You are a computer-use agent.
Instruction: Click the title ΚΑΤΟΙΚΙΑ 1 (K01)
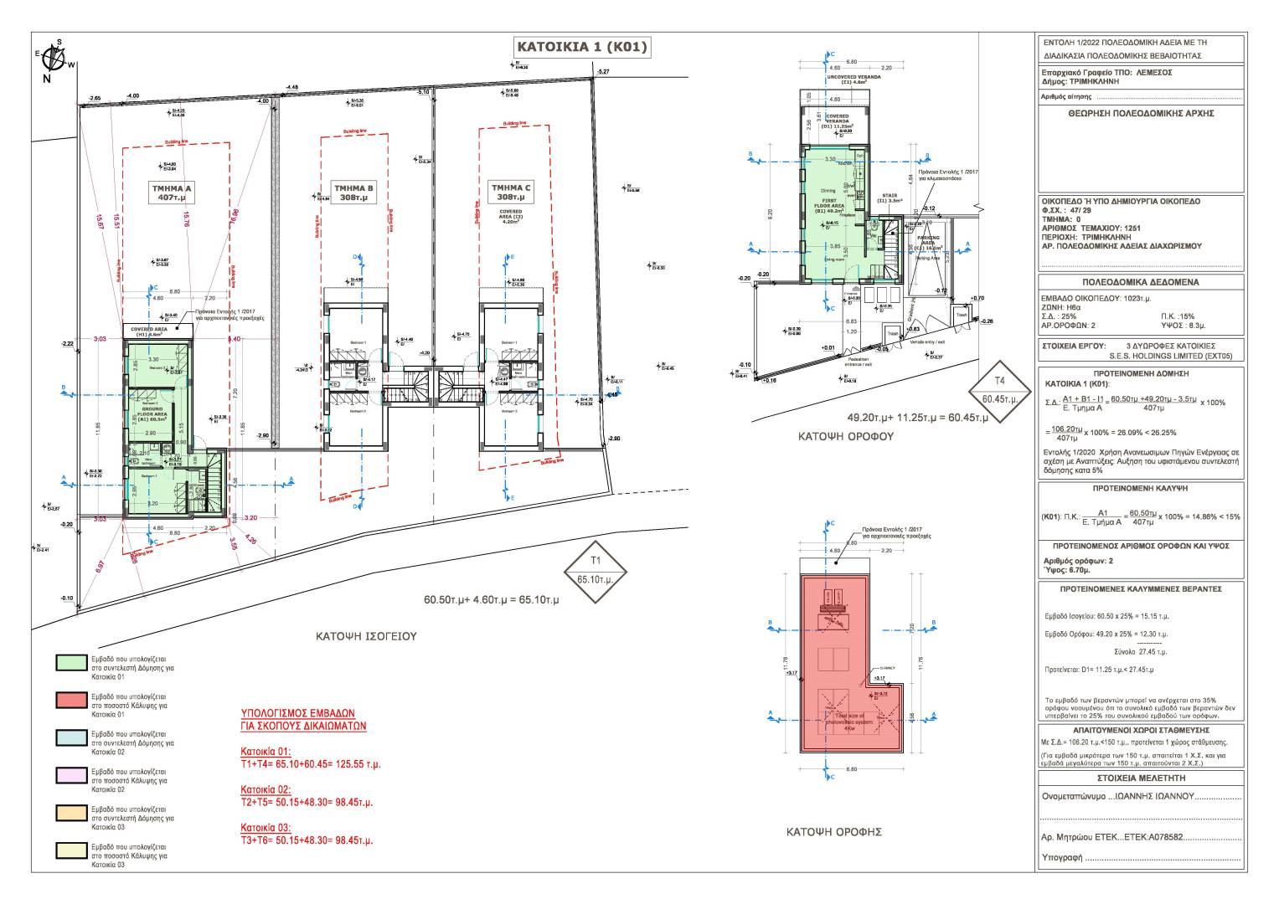click(582, 48)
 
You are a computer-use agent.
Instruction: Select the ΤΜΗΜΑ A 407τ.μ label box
click(172, 193)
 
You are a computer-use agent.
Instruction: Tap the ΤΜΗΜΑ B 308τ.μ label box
click(353, 193)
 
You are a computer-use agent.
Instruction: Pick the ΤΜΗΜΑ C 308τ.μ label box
click(511, 193)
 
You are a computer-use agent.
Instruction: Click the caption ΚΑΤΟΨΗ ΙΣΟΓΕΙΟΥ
click(366, 636)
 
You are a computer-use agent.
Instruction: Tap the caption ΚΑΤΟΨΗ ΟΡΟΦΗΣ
click(833, 832)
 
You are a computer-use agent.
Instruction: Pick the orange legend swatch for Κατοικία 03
click(70, 814)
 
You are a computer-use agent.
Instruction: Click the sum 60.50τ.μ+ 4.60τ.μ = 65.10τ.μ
click(492, 601)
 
